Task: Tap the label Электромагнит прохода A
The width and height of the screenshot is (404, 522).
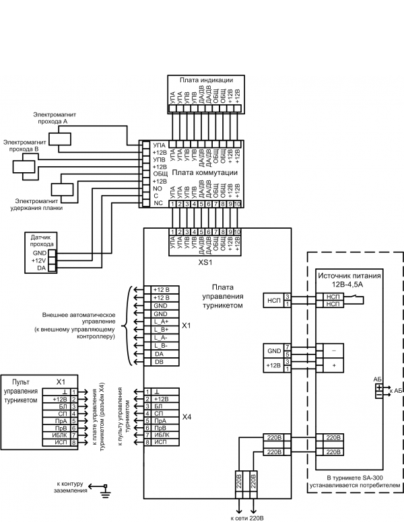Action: click(x=56, y=118)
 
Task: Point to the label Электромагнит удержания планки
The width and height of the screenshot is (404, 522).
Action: click(x=38, y=204)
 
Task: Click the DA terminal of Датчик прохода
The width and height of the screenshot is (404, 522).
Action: click(x=42, y=268)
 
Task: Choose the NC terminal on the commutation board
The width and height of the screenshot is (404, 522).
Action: click(x=158, y=203)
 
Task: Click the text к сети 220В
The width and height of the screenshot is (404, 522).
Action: click(x=246, y=517)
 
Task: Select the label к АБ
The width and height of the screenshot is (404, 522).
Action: click(x=396, y=390)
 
